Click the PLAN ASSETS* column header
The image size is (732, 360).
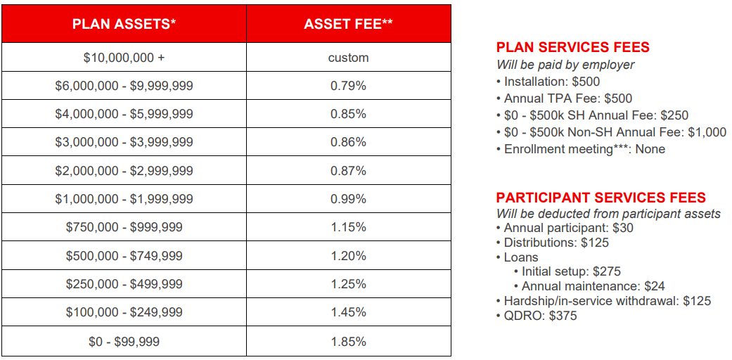124,24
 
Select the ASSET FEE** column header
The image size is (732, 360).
348,24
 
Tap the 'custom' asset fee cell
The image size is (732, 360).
348,58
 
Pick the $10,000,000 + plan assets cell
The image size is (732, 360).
124,58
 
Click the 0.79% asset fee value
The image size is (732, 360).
348,86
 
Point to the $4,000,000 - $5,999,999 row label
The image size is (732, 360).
124,114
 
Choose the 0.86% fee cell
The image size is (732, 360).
348,142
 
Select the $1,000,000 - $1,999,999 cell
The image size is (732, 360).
124,199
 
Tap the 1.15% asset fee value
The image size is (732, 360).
348,227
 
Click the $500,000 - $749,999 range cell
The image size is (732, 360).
124,256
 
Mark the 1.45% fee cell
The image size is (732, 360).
348,312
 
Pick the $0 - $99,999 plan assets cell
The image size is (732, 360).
124,342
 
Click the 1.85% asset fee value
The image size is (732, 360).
348,342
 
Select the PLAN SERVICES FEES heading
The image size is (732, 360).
572,48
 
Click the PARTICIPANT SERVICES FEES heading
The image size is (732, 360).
601,198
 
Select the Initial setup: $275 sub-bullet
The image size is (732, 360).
571,271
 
